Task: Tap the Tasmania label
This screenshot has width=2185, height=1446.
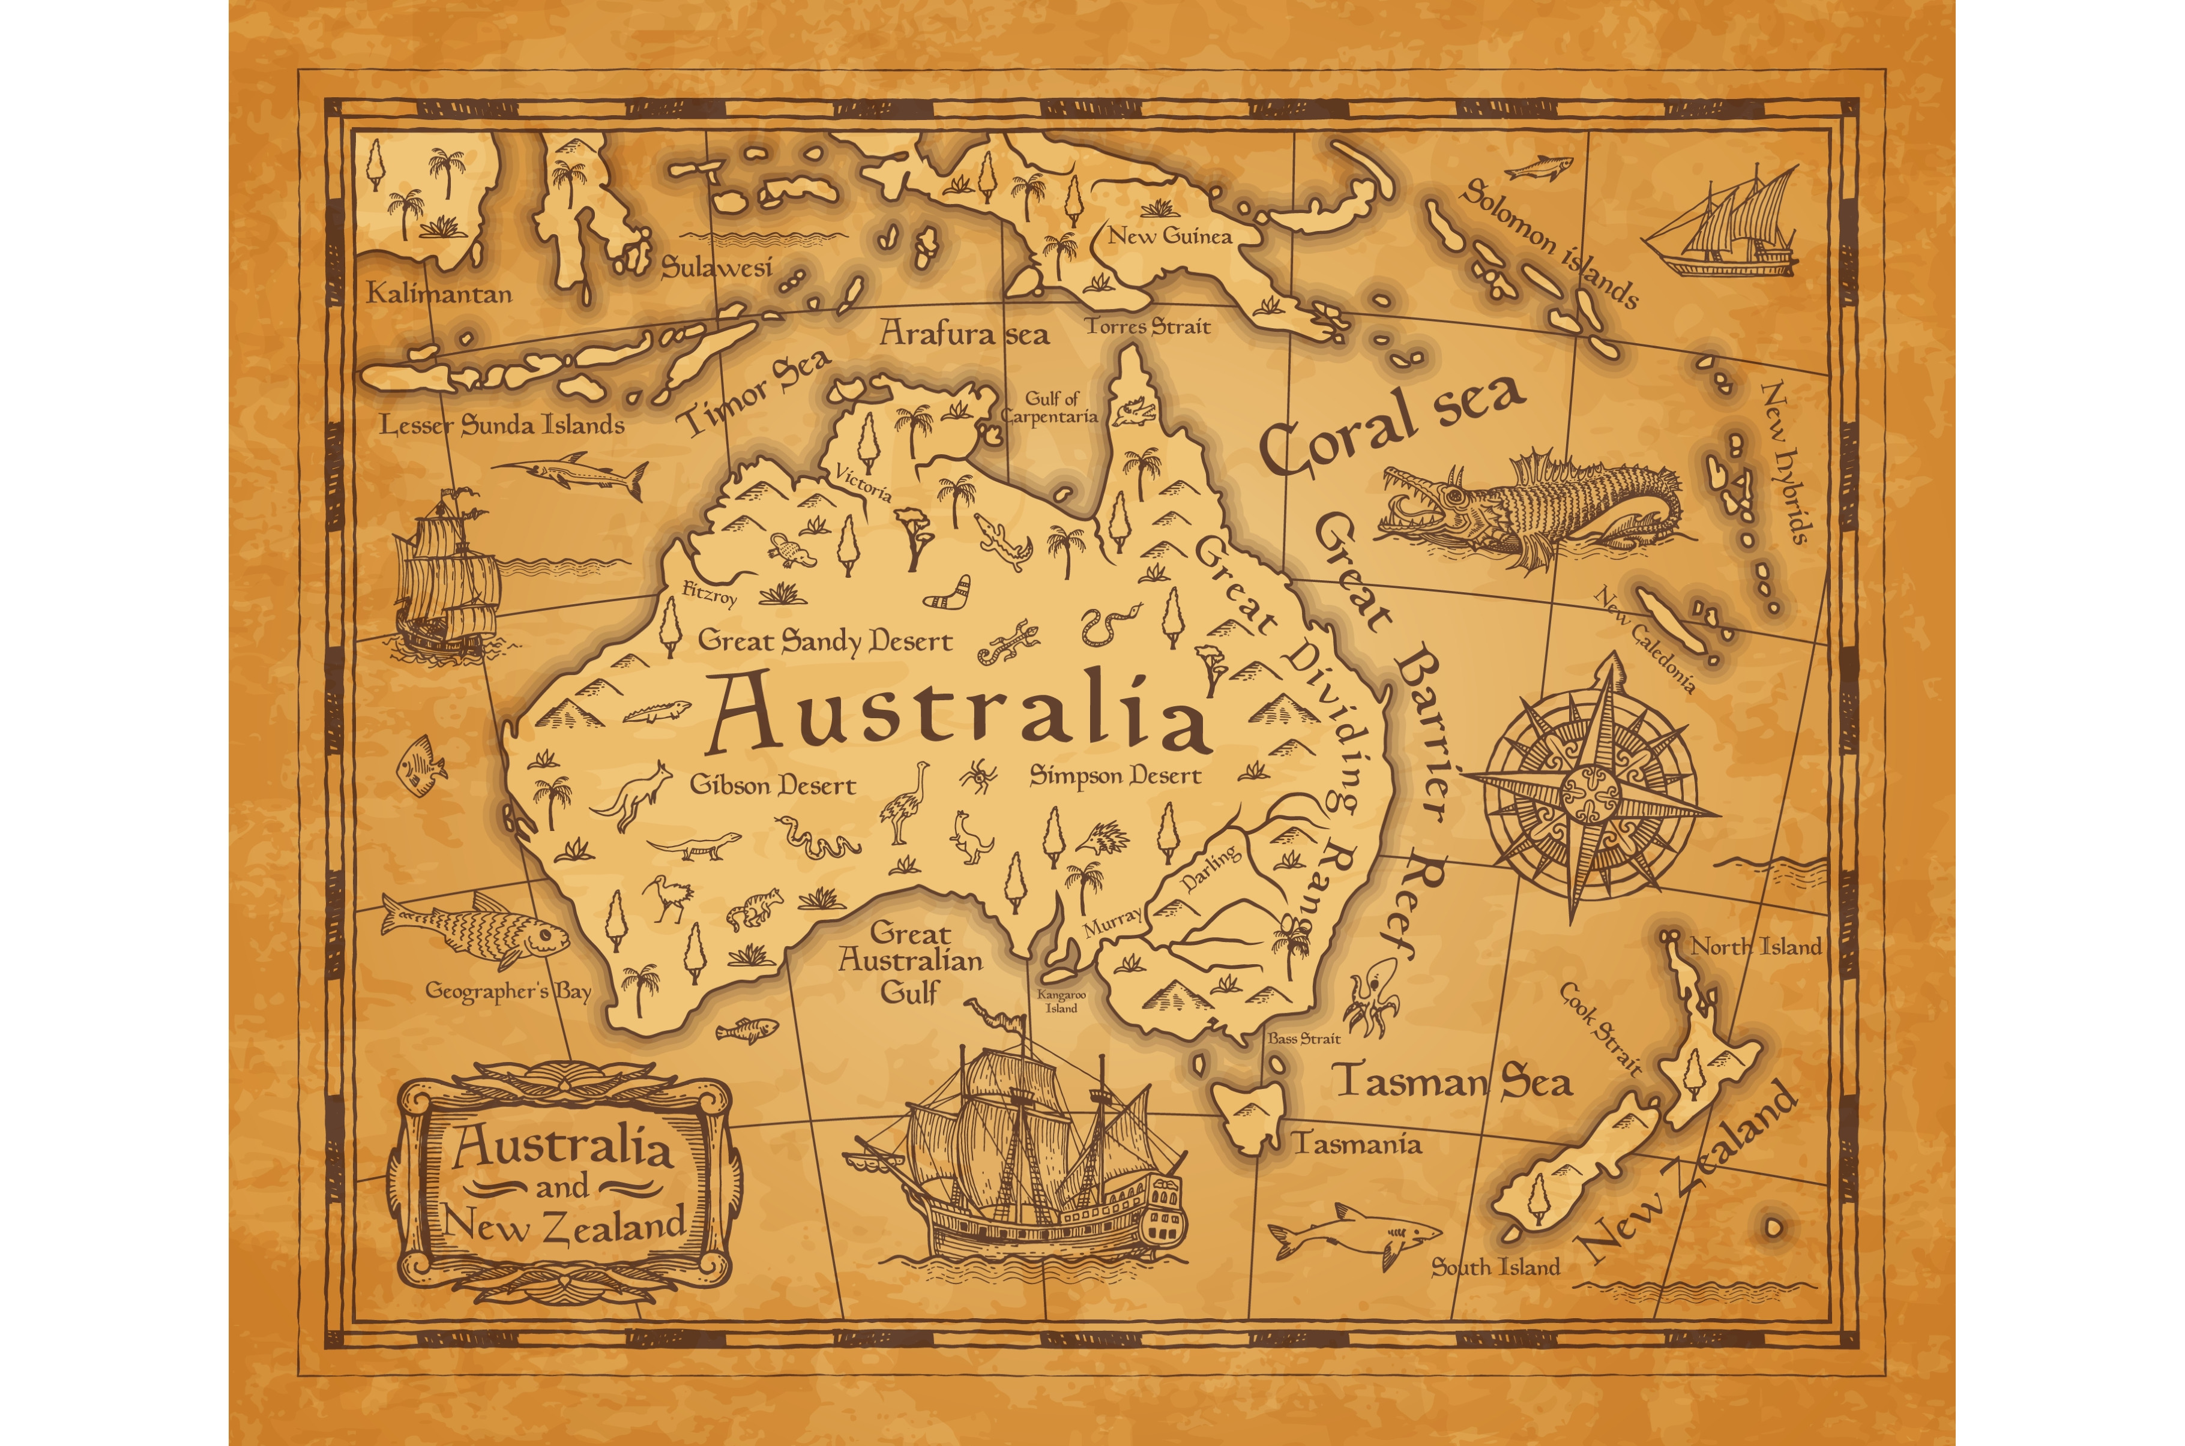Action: point(1357,1144)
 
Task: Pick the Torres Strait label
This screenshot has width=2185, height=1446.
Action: point(1147,326)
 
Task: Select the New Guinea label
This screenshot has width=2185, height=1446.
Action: point(1169,236)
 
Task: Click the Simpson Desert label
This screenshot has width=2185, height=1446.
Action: point(1115,776)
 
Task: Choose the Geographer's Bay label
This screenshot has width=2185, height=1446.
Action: point(507,991)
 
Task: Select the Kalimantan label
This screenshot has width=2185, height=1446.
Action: point(439,294)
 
